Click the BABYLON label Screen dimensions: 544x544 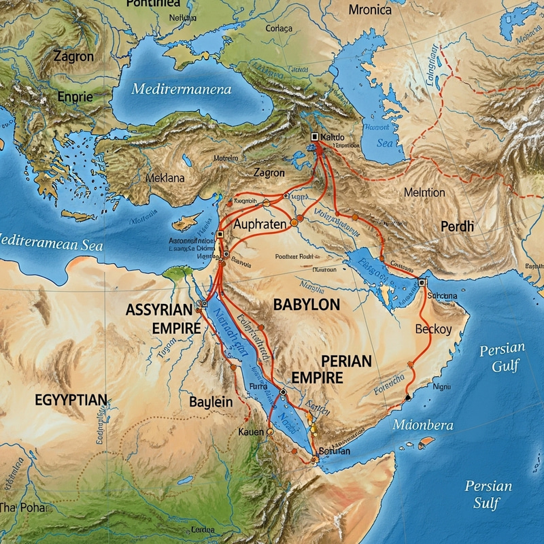pos(306,305)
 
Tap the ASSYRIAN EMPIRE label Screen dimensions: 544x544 pos(163,319)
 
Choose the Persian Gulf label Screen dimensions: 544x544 pos(502,358)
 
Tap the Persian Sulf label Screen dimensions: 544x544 pos(488,494)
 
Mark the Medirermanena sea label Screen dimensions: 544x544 pos(182,89)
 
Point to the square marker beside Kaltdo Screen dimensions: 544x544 pos(314,137)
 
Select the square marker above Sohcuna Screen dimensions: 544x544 pos(422,282)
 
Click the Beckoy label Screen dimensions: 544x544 pos(433,330)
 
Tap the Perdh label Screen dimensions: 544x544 pos(456,226)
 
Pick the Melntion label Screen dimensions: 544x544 pos(424,192)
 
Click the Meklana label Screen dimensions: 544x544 pos(165,178)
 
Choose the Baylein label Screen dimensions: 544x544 pos(211,402)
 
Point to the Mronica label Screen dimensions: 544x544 pos(370,10)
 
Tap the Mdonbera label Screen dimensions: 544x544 pos(422,425)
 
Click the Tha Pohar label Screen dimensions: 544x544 pos(25,507)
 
